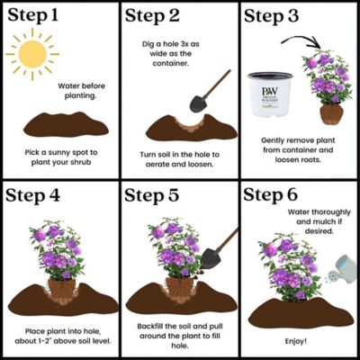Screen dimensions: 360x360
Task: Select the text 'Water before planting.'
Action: point(81,92)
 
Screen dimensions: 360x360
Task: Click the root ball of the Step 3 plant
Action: point(331,115)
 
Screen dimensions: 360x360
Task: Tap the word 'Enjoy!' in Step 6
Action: point(297,342)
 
